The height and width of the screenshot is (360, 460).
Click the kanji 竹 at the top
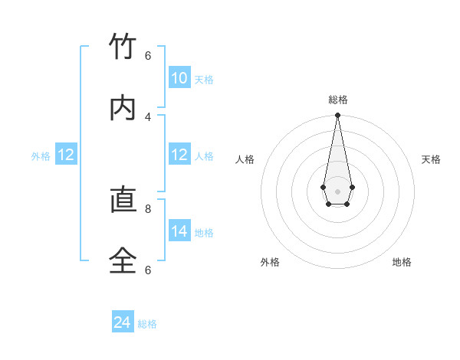pos(123,47)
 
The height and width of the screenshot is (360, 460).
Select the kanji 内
pos(123,108)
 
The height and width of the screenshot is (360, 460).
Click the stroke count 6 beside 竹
pos(148,55)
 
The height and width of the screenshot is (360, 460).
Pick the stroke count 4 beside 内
pos(148,116)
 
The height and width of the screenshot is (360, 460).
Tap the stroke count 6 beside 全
pos(148,270)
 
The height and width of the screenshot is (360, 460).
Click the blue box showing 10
pos(179,78)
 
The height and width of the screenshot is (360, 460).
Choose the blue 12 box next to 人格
pos(179,155)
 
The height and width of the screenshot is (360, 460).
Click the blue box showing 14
pos(179,231)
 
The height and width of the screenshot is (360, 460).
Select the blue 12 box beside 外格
pos(66,155)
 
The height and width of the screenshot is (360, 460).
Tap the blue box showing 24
pos(123,322)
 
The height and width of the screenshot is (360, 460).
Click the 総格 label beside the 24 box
pos(147,324)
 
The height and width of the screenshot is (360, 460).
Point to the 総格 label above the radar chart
pos(338,100)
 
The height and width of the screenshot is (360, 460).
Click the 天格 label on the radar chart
pos(431,159)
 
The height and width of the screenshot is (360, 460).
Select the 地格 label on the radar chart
pos(402,262)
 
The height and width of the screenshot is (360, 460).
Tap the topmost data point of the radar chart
pos(337,116)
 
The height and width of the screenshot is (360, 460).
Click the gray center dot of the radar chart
pos(337,191)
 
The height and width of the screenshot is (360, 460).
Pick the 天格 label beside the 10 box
pos(204,80)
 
